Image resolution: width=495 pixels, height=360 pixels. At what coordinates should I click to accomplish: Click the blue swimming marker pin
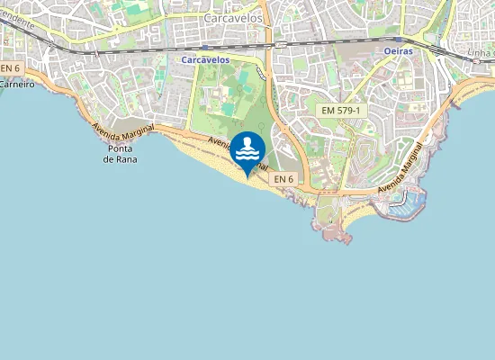pyautogui.click(x=247, y=151)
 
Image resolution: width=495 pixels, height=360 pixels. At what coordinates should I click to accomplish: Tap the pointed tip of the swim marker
pyautogui.click(x=247, y=177)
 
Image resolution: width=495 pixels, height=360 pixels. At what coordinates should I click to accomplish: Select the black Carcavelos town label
pyautogui.click(x=233, y=17)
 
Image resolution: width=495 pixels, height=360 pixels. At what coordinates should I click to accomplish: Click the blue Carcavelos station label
pyautogui.click(x=205, y=59)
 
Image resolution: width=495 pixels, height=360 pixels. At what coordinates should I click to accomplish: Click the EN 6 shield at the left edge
pyautogui.click(x=10, y=68)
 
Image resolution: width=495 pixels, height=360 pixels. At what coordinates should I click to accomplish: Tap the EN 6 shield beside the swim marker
pyautogui.click(x=283, y=179)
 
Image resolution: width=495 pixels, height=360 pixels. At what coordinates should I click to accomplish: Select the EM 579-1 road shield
pyautogui.click(x=341, y=109)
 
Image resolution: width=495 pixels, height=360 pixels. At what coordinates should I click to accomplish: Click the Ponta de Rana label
pyautogui.click(x=120, y=153)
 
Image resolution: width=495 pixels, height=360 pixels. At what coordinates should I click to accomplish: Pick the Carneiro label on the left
pyautogui.click(x=16, y=84)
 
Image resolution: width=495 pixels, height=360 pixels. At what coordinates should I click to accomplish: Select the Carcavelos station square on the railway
pyautogui.click(x=205, y=48)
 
